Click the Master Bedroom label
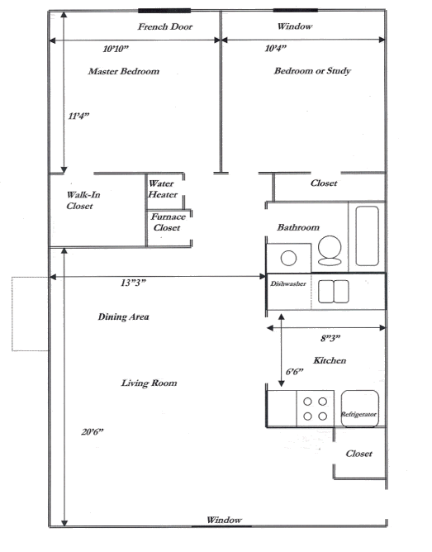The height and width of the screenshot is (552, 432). (123, 72)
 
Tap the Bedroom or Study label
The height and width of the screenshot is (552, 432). (313, 71)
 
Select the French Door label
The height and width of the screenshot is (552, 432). (165, 27)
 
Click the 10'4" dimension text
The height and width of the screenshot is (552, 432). (277, 49)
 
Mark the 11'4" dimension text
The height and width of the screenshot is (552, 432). (78, 117)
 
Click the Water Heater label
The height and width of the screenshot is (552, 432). (163, 189)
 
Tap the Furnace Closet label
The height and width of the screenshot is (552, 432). (168, 221)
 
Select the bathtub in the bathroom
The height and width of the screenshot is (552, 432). (365, 235)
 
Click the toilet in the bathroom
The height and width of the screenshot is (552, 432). (329, 249)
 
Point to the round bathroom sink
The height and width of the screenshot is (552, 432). (290, 256)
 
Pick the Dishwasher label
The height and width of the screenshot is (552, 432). (288, 283)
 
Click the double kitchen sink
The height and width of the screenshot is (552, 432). (335, 291)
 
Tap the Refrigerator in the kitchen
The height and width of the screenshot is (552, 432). (359, 408)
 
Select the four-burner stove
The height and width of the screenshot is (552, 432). (313, 408)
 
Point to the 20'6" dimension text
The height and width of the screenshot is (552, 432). (93, 431)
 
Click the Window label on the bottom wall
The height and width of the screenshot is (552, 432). (224, 520)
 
